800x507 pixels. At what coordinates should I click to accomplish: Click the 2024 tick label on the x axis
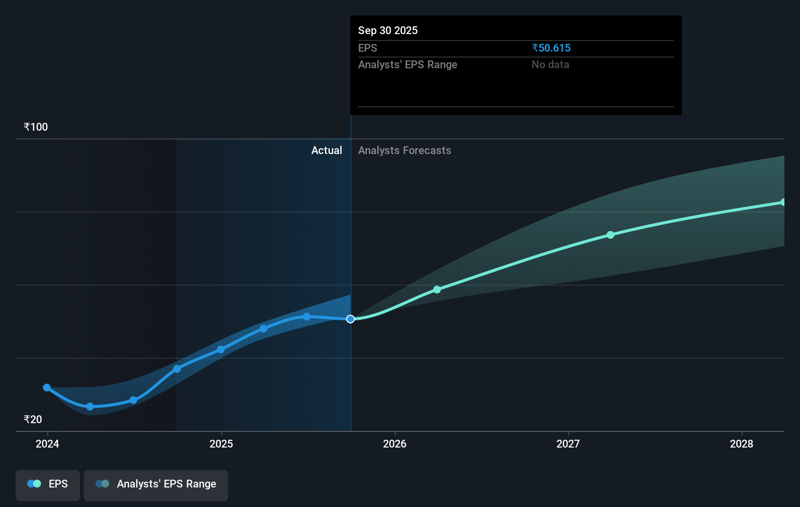click(47, 444)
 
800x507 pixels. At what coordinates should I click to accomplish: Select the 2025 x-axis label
click(221, 444)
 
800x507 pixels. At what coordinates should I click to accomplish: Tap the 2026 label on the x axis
click(395, 444)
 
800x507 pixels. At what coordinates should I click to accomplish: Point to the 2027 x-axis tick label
click(568, 444)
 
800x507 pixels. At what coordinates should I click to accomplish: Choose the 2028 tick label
click(742, 444)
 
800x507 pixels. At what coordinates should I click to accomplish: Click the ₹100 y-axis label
click(36, 127)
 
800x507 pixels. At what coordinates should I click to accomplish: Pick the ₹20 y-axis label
click(33, 419)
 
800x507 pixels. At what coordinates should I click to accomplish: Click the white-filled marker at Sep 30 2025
click(350, 319)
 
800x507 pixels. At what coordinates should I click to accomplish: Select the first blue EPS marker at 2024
click(47, 388)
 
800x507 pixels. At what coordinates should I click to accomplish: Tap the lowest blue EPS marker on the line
click(90, 407)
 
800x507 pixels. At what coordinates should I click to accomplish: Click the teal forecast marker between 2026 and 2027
click(437, 290)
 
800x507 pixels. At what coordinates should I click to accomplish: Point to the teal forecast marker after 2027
click(610, 235)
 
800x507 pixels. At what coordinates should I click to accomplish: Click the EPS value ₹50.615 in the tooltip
click(551, 48)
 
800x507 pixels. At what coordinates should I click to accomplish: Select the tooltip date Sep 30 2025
click(388, 30)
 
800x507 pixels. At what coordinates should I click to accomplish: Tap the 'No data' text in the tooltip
click(550, 64)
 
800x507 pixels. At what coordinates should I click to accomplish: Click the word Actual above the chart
click(326, 150)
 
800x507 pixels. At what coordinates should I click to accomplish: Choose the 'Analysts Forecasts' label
click(404, 150)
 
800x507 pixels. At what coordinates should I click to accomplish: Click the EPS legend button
click(48, 484)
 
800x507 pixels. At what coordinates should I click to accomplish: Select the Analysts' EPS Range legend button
click(156, 484)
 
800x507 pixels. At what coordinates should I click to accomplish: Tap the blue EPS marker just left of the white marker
click(306, 317)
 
